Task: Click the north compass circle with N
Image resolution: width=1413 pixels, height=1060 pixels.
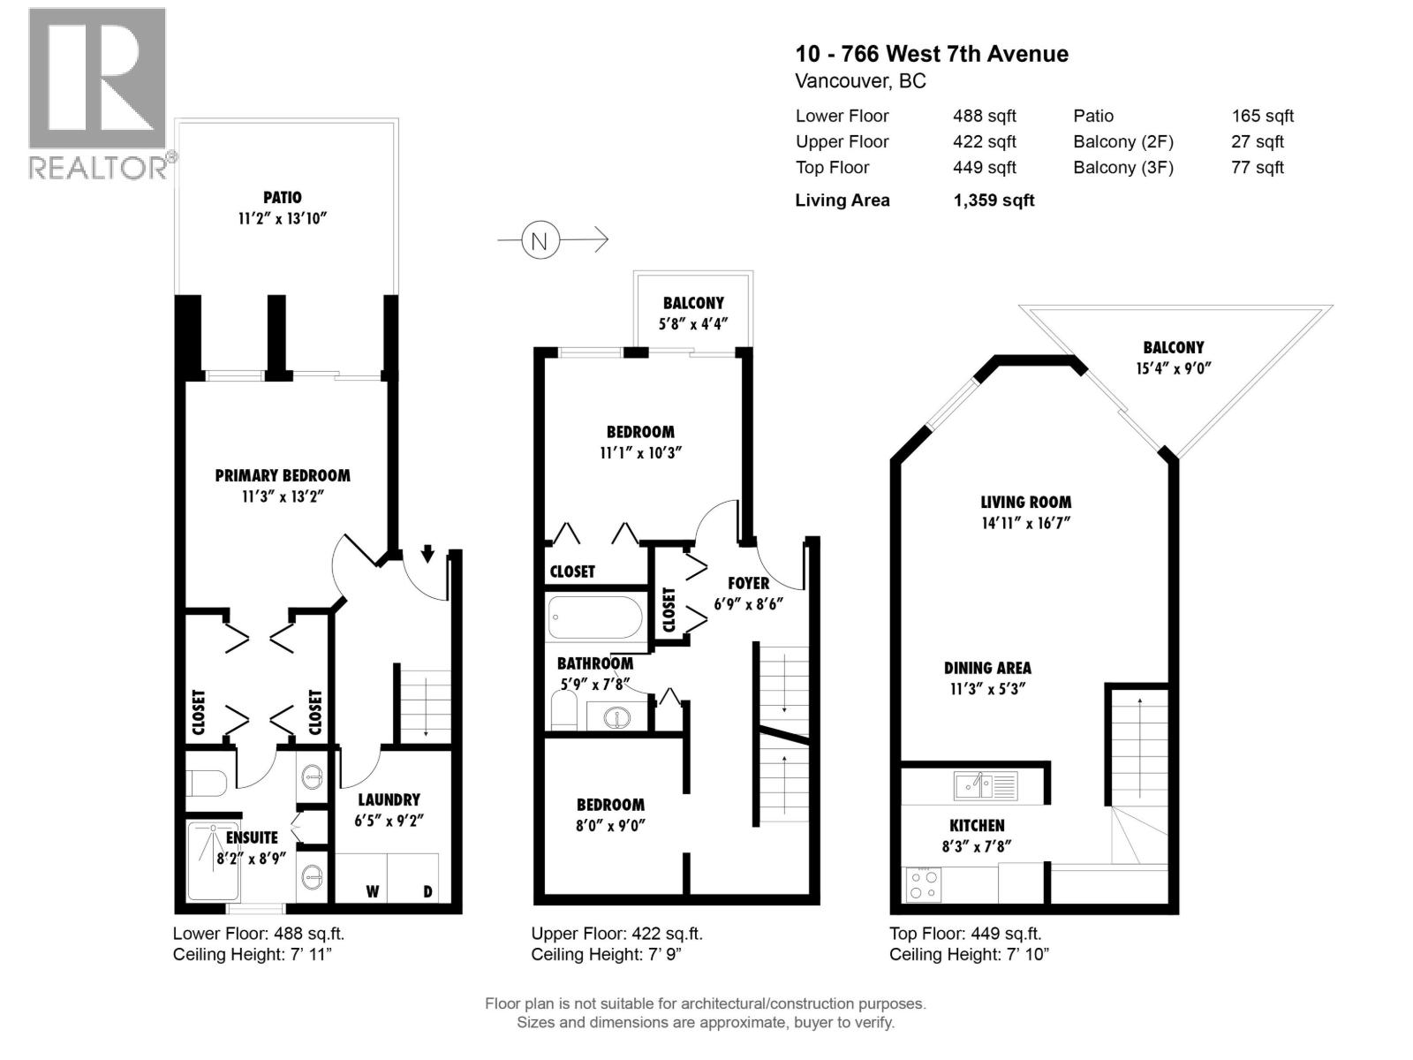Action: point(540,240)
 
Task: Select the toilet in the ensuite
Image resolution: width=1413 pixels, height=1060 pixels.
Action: point(208,783)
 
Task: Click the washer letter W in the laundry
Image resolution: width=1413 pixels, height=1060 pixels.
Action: point(372,891)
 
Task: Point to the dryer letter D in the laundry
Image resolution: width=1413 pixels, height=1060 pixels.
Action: point(427,891)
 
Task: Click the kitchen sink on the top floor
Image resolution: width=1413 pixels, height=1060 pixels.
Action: point(985,785)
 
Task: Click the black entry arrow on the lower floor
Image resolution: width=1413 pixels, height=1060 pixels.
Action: point(427,554)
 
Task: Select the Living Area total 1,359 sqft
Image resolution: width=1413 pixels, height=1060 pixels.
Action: point(994,201)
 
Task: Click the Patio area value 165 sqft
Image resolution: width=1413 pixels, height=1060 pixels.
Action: point(1262,116)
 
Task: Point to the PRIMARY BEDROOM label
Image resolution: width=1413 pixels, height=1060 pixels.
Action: point(283,475)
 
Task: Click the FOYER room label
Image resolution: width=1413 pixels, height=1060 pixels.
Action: point(748,583)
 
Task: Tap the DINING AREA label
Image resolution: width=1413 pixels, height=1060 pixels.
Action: point(986,668)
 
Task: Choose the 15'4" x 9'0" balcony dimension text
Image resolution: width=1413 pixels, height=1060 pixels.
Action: point(1173,368)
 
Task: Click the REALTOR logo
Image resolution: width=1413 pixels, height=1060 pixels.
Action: point(99,93)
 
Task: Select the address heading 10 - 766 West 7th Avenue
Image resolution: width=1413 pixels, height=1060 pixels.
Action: point(932,54)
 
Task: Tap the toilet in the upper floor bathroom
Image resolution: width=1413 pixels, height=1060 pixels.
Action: point(563,710)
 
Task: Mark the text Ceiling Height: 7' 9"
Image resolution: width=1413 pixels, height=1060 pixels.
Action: point(606,954)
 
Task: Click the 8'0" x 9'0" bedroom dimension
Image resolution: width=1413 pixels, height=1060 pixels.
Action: point(610,826)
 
